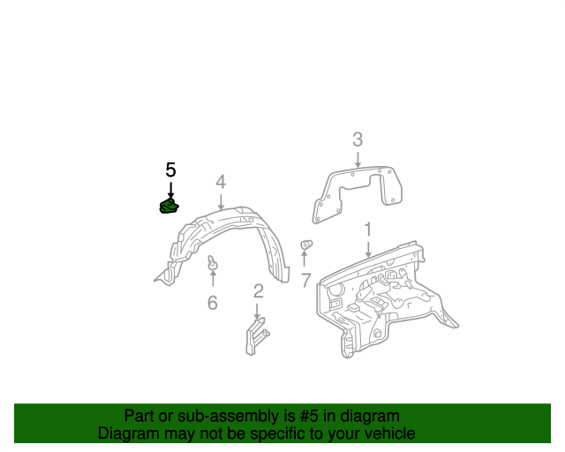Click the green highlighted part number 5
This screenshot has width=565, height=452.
point(169,206)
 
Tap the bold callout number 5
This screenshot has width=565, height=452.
point(170,169)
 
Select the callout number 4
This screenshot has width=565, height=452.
point(221,182)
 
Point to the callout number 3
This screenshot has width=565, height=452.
point(358,139)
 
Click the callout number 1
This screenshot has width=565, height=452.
point(368,230)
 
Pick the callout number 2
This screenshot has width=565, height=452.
point(259,291)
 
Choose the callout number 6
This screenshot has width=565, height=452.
point(213,303)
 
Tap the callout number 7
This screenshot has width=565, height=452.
point(305,280)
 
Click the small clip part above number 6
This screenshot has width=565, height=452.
point(213,262)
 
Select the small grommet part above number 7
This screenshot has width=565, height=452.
point(306,245)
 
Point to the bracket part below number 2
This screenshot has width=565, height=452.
point(257,336)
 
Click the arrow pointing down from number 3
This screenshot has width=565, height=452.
point(358,159)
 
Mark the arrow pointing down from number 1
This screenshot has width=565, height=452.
point(368,250)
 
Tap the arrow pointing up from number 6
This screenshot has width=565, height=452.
point(213,278)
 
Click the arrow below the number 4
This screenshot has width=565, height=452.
point(221,201)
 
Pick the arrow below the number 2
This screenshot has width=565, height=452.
point(257,312)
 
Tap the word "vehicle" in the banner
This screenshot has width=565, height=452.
point(394,433)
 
